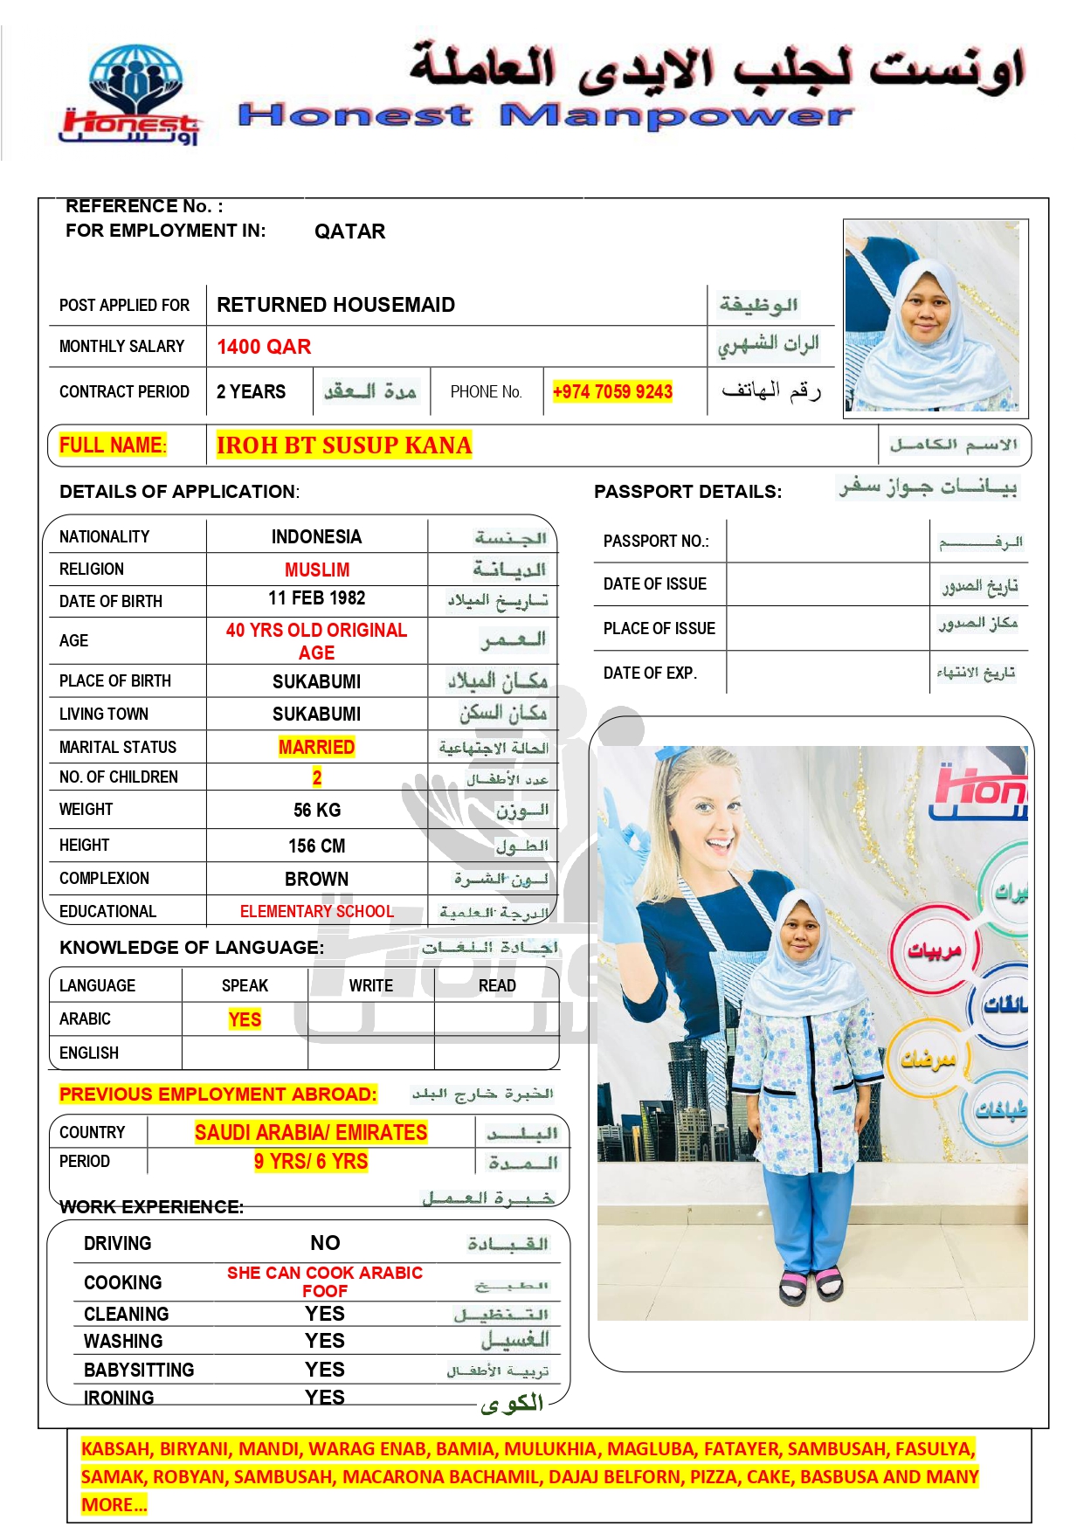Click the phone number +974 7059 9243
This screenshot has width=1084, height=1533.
coord(612,392)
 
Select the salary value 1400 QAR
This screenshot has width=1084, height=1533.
coord(264,347)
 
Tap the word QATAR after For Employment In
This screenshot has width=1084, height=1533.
coord(349,231)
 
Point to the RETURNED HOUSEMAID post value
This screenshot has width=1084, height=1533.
coord(335,305)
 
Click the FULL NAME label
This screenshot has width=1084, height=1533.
coord(112,445)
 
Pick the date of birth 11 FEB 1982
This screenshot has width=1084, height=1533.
coord(316,598)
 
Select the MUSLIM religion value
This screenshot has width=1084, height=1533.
coord(316,570)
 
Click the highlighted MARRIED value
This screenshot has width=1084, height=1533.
coord(316,747)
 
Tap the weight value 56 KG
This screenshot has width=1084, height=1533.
coord(316,811)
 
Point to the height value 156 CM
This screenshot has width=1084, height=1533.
coord(316,846)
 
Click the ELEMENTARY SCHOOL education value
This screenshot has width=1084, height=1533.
coord(316,912)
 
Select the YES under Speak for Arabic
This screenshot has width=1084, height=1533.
coord(245,1019)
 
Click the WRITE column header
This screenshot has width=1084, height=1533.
coord(370,986)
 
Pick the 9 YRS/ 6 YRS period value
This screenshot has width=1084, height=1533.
coord(311,1162)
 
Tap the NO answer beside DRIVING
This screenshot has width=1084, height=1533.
coord(325,1243)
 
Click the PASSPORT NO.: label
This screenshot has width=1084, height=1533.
coord(656,542)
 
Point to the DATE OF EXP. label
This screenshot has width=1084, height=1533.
coord(650,673)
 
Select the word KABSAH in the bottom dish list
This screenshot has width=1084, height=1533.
coord(115,1449)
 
